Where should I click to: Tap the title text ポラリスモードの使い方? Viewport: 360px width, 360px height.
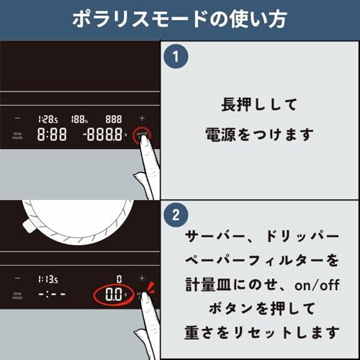coord(180,19)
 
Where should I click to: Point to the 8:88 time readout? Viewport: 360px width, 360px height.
coord(52,135)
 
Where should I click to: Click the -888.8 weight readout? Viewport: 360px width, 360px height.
coord(102,135)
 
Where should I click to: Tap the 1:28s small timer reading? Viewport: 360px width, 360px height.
coord(48,118)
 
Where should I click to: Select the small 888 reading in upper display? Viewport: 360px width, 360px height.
coord(113,118)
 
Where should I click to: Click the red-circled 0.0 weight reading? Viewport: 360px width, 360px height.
coord(114,294)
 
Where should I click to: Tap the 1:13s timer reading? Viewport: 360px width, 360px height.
coord(48,278)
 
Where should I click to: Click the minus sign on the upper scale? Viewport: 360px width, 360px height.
coord(17,117)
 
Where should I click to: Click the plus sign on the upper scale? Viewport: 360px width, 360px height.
coord(141,117)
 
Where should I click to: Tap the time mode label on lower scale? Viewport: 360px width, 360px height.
coord(17,294)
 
